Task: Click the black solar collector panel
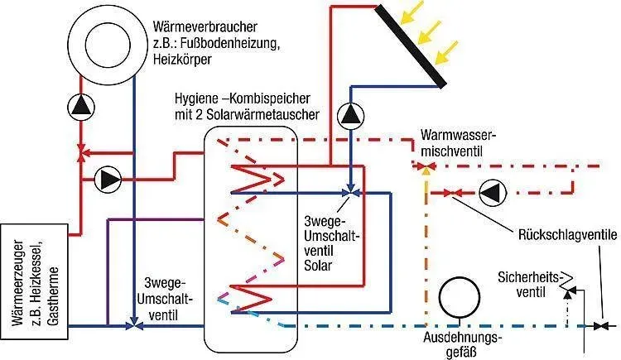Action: pyautogui.click(x=411, y=46)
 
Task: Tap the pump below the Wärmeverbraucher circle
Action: pyautogui.click(x=81, y=107)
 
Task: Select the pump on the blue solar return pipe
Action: pyautogui.click(x=351, y=116)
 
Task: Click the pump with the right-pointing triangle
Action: pyautogui.click(x=108, y=180)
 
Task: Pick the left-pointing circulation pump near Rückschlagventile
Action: pyautogui.click(x=493, y=193)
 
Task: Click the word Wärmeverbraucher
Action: pyautogui.click(x=205, y=27)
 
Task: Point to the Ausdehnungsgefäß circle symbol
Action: pyautogui.click(x=460, y=297)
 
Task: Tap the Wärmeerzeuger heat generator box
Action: pyautogui.click(x=35, y=281)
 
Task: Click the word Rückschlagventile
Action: pyautogui.click(x=567, y=234)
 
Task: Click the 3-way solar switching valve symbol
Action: pyautogui.click(x=350, y=193)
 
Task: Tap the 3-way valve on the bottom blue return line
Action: pyautogui.click(x=135, y=325)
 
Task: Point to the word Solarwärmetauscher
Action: pyautogui.click(x=266, y=114)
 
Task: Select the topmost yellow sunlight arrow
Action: pyautogui.click(x=412, y=12)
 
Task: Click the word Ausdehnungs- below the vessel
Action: pyautogui.click(x=463, y=338)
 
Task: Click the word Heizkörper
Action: pyautogui.click(x=182, y=60)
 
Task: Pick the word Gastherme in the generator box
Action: pyautogui.click(x=54, y=296)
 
